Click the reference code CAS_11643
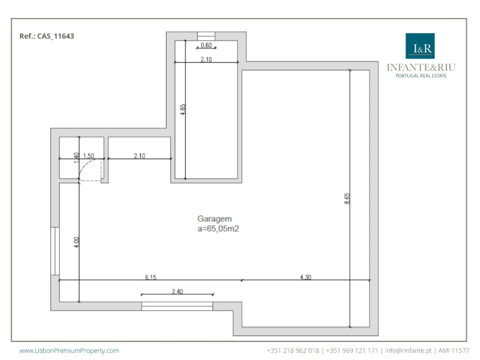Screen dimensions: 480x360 [55, 36]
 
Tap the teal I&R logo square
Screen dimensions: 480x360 [420, 46]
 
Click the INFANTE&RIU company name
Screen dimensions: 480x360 [421, 67]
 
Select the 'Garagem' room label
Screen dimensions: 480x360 [214, 219]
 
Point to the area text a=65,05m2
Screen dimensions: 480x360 [218, 228]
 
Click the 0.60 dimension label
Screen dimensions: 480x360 [206, 45]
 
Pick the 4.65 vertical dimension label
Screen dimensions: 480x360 [183, 109]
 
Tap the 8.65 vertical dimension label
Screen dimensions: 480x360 [347, 198]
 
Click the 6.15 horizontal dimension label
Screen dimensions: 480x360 [150, 277]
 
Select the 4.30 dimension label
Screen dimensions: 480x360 [305, 277]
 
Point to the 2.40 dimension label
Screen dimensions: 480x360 [177, 291]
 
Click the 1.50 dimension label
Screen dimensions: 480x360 [89, 155]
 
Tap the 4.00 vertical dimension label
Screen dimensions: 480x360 [76, 242]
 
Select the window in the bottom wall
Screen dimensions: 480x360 [177, 306]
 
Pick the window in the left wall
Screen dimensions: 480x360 [55, 251]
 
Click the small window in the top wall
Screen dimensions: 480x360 [206, 36]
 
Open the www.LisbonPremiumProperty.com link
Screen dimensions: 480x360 [69, 350]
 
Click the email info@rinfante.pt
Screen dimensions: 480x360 [408, 350]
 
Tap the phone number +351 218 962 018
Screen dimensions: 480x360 [293, 350]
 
